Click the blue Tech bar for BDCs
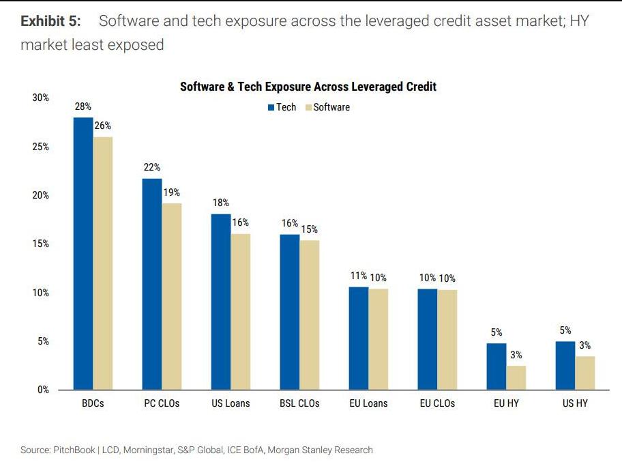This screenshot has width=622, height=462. click(x=83, y=253)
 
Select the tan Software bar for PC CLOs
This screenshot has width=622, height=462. click(x=171, y=296)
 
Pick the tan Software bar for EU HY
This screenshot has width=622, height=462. click(x=516, y=377)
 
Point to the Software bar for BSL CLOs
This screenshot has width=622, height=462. click(x=309, y=315)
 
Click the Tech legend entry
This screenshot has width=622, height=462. click(x=282, y=107)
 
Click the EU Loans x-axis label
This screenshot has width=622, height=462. click(x=368, y=403)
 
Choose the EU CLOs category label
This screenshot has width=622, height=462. click(x=437, y=403)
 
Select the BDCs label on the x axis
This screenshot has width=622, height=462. click(x=92, y=403)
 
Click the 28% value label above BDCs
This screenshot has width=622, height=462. click(x=83, y=106)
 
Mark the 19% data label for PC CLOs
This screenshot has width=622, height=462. click(x=171, y=192)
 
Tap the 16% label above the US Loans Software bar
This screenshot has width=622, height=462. click(x=240, y=222)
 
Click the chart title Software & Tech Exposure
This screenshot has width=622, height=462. click(x=308, y=87)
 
